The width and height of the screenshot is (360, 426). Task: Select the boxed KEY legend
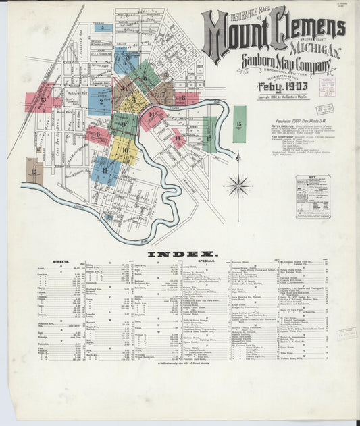[x=313, y=196]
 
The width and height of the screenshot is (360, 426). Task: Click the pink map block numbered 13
[x=39, y=100]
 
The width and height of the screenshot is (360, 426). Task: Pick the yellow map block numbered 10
[x=125, y=149]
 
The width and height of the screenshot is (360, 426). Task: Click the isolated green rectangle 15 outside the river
[x=239, y=124]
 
